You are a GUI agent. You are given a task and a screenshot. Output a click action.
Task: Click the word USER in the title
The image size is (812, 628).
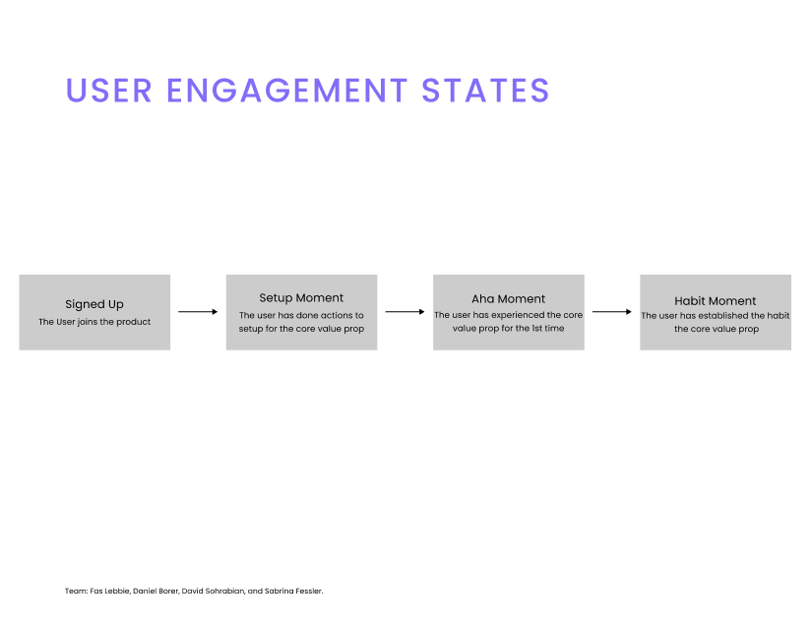pyautogui.click(x=108, y=91)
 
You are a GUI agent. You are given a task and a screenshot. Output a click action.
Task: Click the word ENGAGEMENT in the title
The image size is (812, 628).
pyautogui.click(x=286, y=91)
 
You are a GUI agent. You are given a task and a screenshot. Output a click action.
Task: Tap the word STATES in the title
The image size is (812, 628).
pyautogui.click(x=485, y=91)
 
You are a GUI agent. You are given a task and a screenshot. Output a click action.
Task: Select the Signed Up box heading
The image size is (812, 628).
pyautogui.click(x=94, y=304)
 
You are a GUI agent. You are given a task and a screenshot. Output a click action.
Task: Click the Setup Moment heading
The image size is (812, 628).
pyautogui.click(x=301, y=297)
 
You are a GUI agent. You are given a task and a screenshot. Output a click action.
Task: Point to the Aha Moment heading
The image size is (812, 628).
pyautogui.click(x=509, y=298)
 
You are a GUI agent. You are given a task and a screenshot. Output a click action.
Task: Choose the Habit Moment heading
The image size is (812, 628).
pyautogui.click(x=716, y=301)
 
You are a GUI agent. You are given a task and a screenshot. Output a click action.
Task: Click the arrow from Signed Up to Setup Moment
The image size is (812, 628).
pyautogui.click(x=198, y=312)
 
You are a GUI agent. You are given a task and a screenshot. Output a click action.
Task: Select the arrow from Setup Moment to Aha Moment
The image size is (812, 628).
pyautogui.click(x=405, y=312)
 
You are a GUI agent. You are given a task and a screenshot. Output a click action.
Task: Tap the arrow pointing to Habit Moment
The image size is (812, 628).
pyautogui.click(x=612, y=312)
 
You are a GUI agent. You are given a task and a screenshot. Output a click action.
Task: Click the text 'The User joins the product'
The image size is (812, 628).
pyautogui.click(x=94, y=322)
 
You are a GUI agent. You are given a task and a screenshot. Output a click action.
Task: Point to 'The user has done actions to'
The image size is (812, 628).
pyautogui.click(x=301, y=315)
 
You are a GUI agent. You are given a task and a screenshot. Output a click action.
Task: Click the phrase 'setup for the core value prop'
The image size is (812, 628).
pyautogui.click(x=301, y=329)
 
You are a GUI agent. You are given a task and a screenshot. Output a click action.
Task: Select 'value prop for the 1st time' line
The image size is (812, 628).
pyautogui.click(x=509, y=328)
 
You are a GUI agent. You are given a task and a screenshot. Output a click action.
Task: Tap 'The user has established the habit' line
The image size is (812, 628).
pyautogui.click(x=716, y=315)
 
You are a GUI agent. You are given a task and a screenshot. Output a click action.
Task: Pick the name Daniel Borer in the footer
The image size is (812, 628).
pyautogui.click(x=156, y=591)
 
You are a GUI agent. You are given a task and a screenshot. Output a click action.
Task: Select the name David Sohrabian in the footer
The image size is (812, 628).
pyautogui.click(x=213, y=591)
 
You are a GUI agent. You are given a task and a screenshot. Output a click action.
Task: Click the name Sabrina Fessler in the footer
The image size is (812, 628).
pyautogui.click(x=293, y=591)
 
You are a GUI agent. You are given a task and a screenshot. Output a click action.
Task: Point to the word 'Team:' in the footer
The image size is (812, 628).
pyautogui.click(x=76, y=591)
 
